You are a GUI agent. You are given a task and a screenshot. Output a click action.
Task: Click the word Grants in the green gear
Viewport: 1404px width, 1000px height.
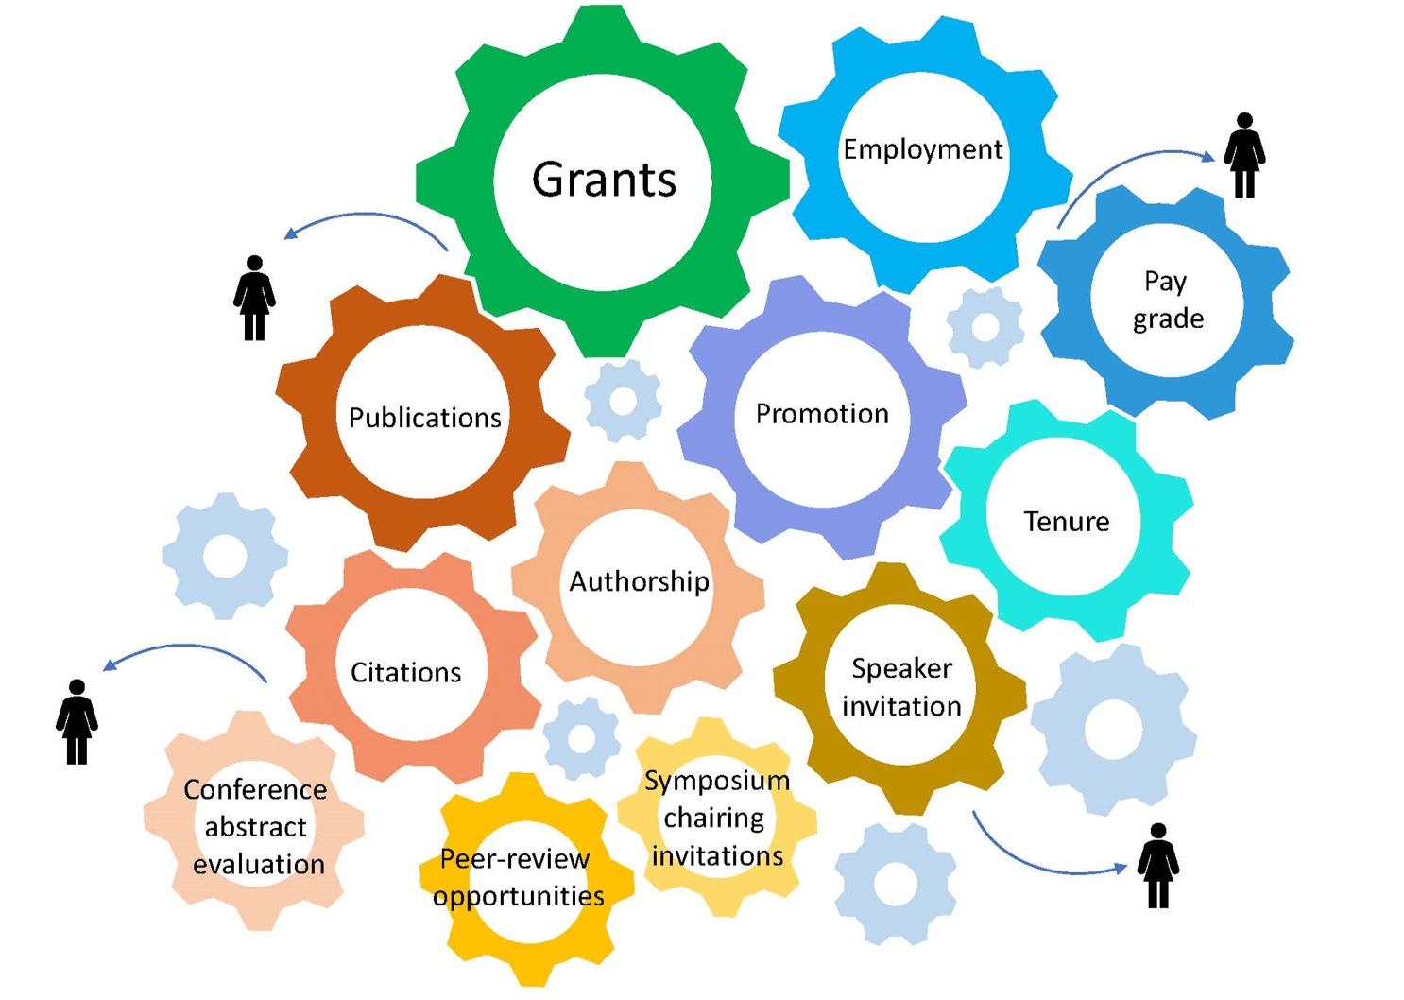604,179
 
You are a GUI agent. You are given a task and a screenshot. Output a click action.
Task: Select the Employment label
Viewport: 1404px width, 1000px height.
922,149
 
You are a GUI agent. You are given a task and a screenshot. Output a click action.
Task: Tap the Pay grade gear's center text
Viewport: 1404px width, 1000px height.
1167,300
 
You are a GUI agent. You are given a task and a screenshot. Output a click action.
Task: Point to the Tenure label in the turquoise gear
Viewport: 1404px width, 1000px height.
1067,522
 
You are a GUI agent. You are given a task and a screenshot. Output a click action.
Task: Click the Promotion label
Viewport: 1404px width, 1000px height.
822,414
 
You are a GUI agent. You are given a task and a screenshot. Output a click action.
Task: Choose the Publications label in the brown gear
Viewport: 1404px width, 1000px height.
424,418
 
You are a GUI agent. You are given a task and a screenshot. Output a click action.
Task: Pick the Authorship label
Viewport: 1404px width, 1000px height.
639,581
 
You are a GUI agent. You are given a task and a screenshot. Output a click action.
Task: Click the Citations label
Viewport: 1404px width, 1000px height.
405,673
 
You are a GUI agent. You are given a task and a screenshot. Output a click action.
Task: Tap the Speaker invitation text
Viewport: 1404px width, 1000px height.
901,687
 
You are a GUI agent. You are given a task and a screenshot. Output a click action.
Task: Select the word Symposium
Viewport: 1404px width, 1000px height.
717,781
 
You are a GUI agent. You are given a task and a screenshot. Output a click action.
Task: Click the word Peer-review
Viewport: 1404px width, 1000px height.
515,859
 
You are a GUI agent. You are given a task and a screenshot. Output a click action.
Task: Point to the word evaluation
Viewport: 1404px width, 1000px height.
258,864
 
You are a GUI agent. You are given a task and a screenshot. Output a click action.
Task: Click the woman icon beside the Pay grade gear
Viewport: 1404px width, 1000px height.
1244,156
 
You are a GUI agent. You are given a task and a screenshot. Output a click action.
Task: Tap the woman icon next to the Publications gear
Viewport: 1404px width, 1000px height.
254,298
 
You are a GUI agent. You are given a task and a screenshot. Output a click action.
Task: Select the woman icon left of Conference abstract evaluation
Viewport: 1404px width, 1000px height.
77,722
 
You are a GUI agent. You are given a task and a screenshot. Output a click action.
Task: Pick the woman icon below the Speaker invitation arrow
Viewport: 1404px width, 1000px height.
1158,866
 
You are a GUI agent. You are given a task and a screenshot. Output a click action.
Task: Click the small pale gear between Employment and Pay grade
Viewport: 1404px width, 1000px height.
985,327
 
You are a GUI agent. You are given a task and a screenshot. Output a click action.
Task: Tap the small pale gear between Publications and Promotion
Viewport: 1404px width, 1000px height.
623,401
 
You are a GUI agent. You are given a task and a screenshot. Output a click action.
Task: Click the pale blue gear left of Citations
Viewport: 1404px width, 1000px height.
225,557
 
